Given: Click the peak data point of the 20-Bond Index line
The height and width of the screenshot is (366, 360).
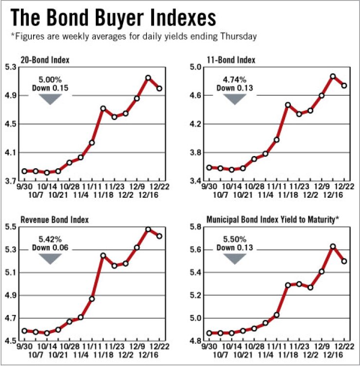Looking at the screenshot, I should point(148,78).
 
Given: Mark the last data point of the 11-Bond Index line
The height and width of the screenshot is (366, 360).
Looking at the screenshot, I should point(344,86).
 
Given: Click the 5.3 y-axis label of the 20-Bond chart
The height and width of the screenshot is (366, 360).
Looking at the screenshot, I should point(11,67).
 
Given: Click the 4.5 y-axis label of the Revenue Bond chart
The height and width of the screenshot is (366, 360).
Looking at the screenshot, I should point(11,341).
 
